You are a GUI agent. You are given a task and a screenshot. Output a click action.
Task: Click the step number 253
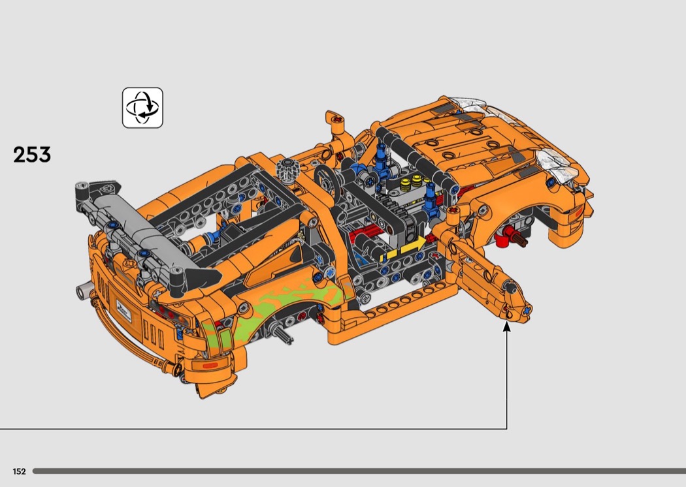click(32, 155)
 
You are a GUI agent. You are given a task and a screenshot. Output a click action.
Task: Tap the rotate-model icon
click(142, 108)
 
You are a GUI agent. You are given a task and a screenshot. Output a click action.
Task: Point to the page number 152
click(19, 471)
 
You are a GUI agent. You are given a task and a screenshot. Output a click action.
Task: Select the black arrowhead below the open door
click(506, 326)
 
